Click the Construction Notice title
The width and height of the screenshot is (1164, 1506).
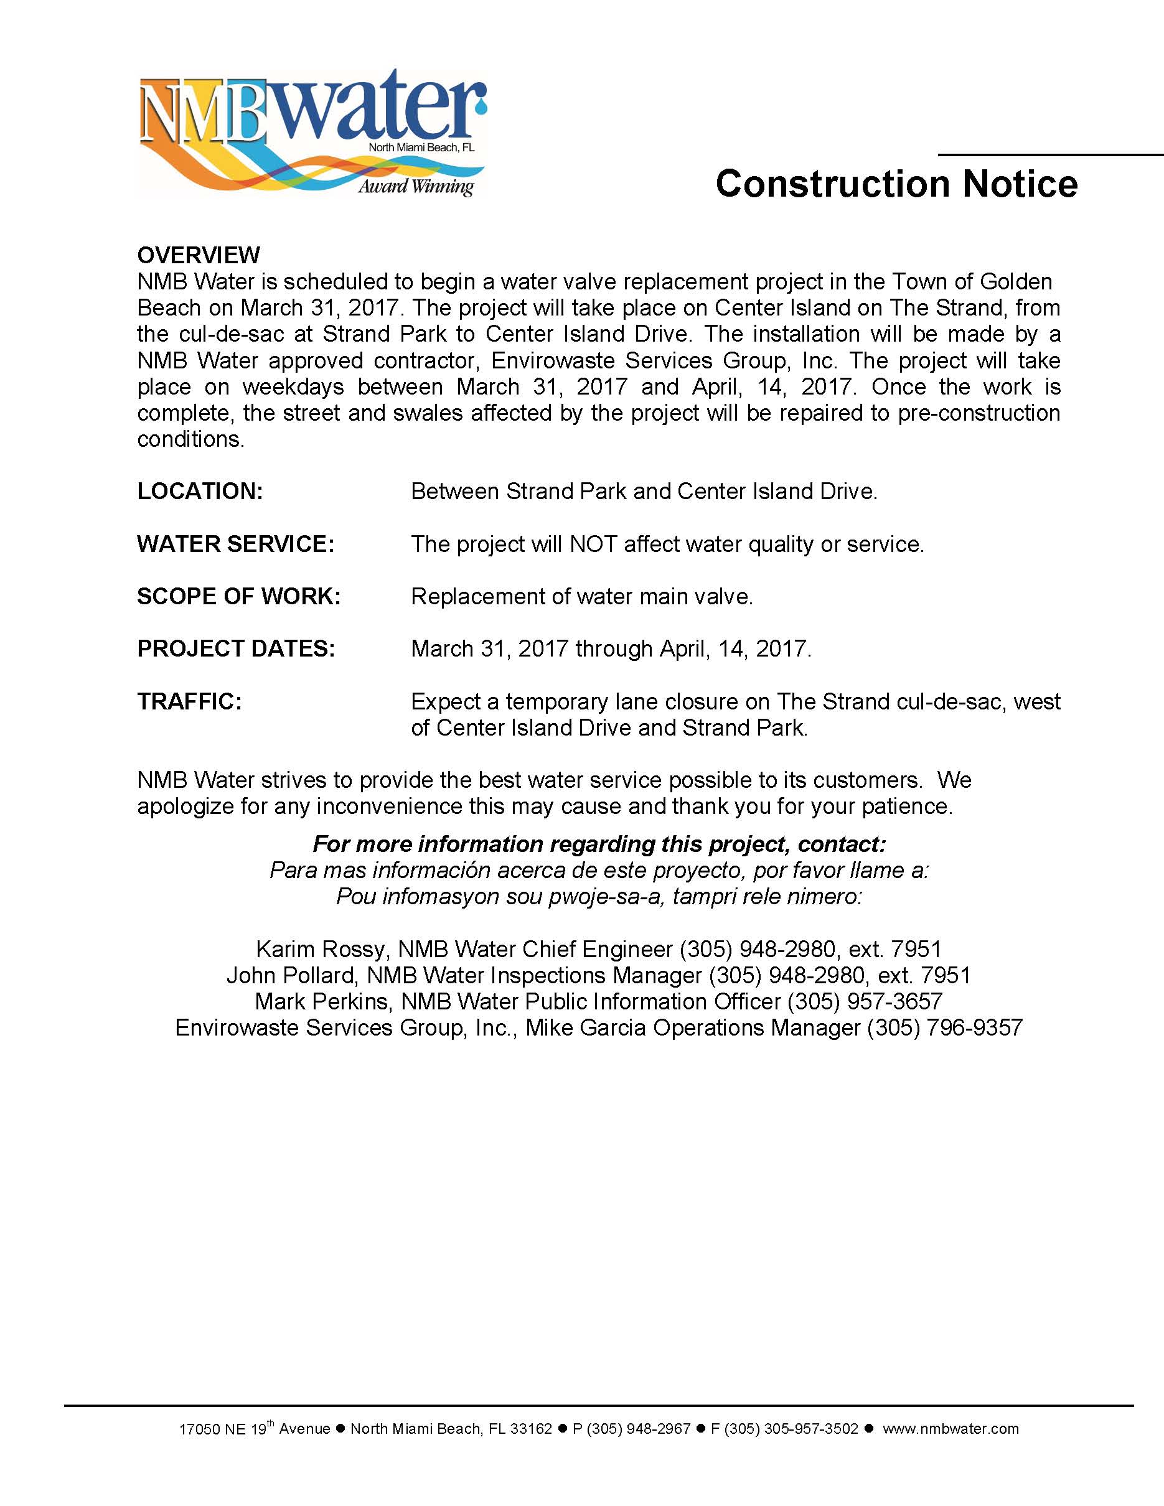[x=896, y=184]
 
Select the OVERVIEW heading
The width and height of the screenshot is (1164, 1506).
[x=199, y=255]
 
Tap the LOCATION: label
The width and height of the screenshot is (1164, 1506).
[x=200, y=491]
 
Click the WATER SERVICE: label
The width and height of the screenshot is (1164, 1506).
[x=236, y=544]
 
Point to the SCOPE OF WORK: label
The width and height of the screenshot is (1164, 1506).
[x=238, y=596]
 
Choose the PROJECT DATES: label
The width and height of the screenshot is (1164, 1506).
[x=236, y=649]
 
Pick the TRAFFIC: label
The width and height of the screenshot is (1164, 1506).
[x=190, y=701]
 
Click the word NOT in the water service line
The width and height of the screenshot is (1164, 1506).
[x=593, y=544]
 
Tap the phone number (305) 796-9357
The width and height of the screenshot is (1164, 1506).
[x=945, y=1028]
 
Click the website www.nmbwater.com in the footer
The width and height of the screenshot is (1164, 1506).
[x=950, y=1429]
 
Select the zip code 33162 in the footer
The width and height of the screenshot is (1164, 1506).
[x=531, y=1429]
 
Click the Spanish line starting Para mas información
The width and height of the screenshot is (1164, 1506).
[x=599, y=871]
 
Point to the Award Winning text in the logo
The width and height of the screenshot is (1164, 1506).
[x=416, y=186]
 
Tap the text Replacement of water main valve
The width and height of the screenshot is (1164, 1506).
[x=581, y=596]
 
